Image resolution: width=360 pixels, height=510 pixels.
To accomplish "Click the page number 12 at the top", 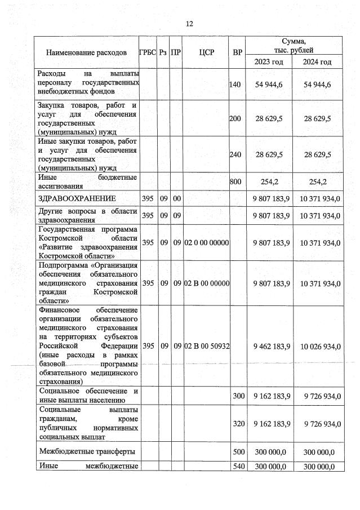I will tap(189, 24).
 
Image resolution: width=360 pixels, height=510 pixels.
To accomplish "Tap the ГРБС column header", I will tap(148, 52).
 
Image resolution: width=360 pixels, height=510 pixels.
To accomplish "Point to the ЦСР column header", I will tap(206, 52).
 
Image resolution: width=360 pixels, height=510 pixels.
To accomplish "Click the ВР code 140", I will tap(235, 85).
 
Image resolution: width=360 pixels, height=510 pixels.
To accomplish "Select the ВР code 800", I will tap(235, 181).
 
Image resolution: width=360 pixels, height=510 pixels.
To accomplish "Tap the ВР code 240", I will tap(235, 154).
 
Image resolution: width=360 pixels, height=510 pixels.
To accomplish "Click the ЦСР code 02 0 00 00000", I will tap(206, 242).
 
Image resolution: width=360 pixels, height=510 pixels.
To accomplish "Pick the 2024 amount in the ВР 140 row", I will tap(317, 85).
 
